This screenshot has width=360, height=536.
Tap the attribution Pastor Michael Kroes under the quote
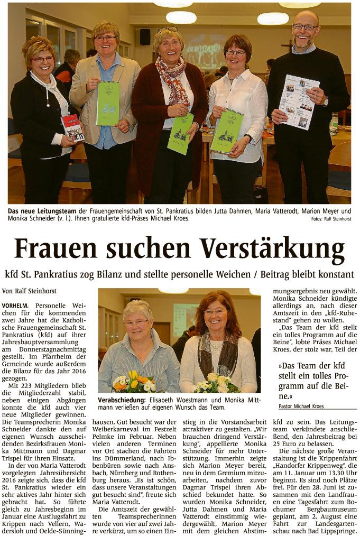pyautogui.click(x=301, y=406)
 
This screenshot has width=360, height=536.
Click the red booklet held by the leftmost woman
pyautogui.click(x=72, y=127)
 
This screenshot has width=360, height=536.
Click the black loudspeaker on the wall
pyautogui.click(x=145, y=36)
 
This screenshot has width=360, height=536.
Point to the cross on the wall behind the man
pyautogui.click(x=285, y=47)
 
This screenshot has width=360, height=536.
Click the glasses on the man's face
pyautogui.click(x=305, y=27)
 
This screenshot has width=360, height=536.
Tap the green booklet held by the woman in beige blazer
pyautogui.click(x=108, y=103)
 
